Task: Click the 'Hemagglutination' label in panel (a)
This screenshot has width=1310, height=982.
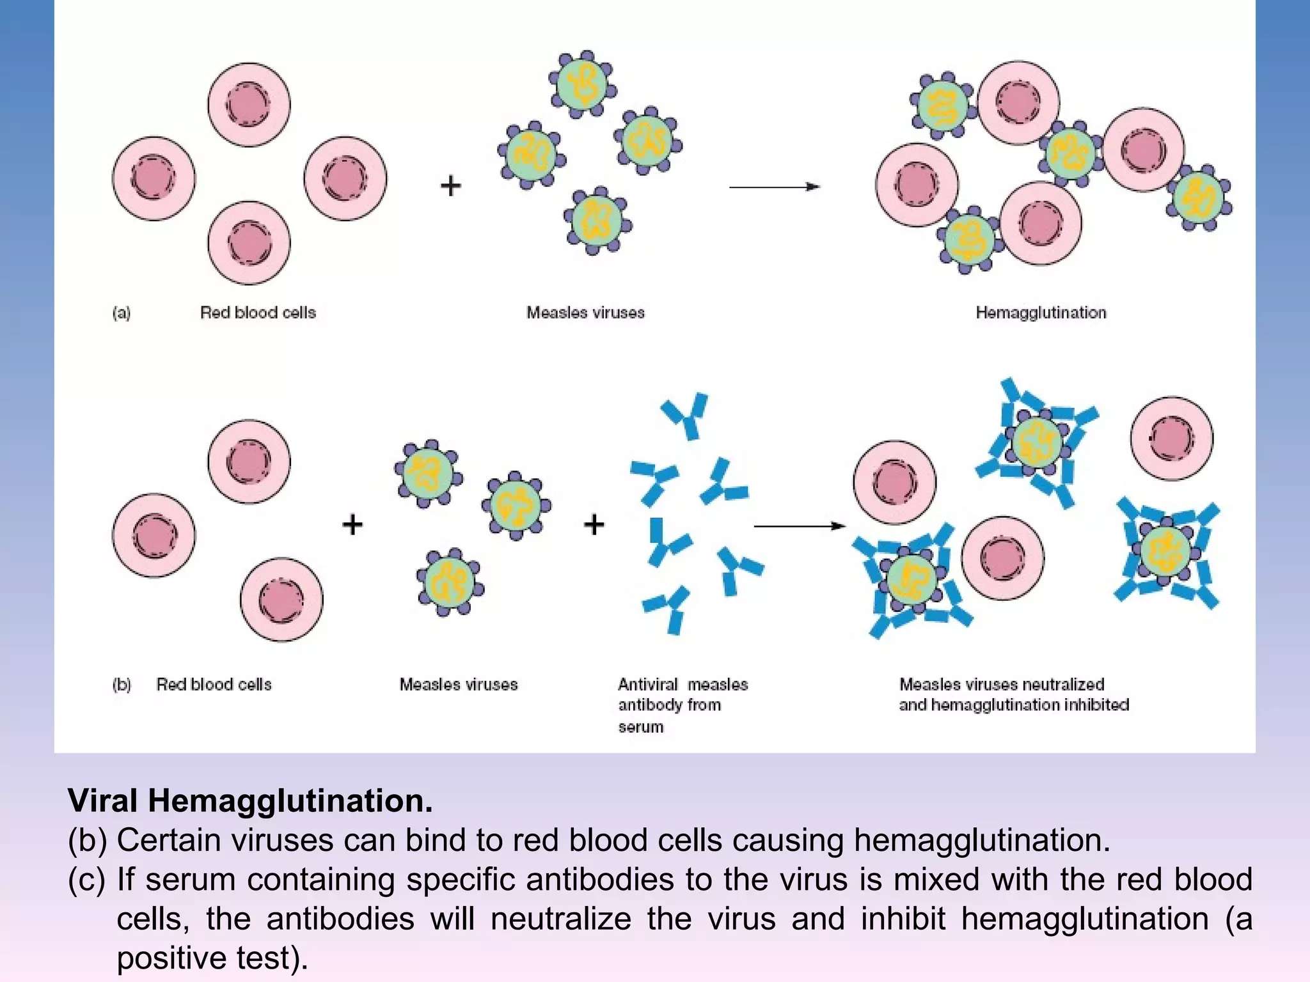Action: [1041, 313]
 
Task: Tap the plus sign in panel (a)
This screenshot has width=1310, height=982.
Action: [451, 186]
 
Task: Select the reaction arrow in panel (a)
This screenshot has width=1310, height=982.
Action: [774, 187]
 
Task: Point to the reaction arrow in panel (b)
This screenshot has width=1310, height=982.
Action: [800, 526]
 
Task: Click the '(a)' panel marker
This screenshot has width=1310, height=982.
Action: [122, 313]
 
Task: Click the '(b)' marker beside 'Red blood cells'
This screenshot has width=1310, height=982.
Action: [122, 685]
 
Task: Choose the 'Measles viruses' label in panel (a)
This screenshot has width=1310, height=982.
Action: [585, 313]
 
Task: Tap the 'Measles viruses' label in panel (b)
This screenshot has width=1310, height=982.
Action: [459, 685]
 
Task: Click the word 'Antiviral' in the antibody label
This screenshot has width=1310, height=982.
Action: [647, 685]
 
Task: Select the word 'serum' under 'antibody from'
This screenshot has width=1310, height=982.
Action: [641, 727]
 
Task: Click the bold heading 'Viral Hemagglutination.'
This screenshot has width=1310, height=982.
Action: [250, 800]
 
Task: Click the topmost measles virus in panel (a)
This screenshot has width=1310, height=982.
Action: [583, 84]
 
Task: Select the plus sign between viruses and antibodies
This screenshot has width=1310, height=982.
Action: [594, 524]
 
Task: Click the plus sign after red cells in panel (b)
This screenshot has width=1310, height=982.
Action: [352, 524]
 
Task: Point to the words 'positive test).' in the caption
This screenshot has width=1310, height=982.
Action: [212, 958]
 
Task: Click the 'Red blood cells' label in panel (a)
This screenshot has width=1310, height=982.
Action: [258, 313]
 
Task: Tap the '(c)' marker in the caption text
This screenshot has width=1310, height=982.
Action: [86, 880]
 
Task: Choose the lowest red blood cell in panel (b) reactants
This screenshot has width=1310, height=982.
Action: [281, 600]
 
